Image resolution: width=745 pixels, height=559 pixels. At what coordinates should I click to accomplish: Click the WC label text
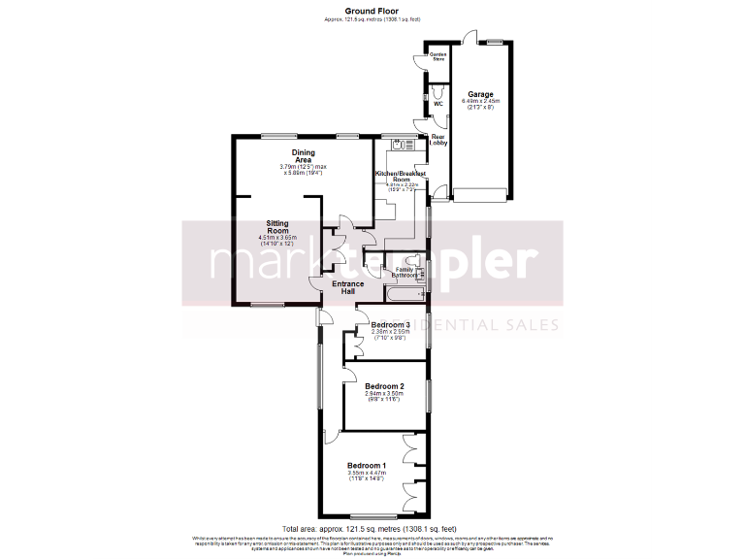(x=438, y=103)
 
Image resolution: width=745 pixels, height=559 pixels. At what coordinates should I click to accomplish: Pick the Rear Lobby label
(x=438, y=139)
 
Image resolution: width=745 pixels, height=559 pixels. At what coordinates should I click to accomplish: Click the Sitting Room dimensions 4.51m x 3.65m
(x=277, y=238)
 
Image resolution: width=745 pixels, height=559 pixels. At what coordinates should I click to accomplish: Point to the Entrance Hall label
(x=348, y=288)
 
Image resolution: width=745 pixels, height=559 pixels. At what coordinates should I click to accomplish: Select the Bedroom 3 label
(x=391, y=324)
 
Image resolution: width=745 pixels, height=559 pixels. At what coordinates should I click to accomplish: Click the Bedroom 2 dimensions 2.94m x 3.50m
(x=384, y=393)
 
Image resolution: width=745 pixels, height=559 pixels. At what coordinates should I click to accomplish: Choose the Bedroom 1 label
(x=367, y=466)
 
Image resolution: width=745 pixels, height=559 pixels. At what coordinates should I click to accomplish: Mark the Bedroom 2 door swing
(x=351, y=372)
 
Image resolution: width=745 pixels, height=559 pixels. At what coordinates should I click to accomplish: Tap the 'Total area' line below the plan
(x=372, y=528)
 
